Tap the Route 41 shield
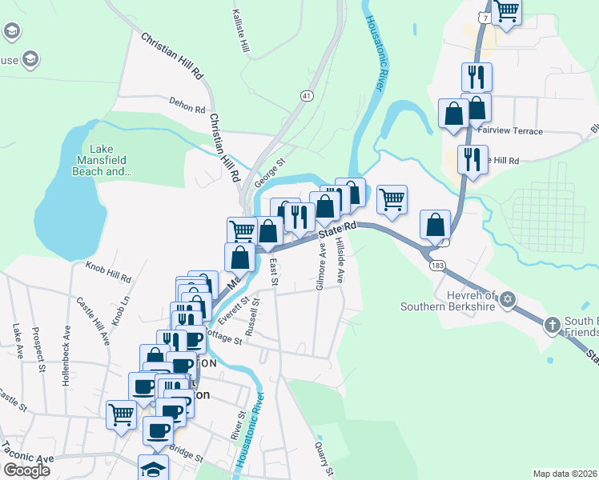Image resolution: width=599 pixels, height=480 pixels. tap(307, 96)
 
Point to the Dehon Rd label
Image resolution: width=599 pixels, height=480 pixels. tap(187, 105)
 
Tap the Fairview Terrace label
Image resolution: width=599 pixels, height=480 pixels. tap(509, 131)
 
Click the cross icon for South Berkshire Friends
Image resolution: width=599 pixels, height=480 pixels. tap(551, 326)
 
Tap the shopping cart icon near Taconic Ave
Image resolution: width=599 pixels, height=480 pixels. tap(121, 414)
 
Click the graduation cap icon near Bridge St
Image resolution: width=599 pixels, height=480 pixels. tap(153, 468)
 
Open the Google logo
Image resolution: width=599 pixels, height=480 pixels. tap(26, 470)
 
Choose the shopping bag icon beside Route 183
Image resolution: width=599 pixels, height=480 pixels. tap(435, 225)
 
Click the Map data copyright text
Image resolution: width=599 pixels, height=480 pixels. tap(565, 474)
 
